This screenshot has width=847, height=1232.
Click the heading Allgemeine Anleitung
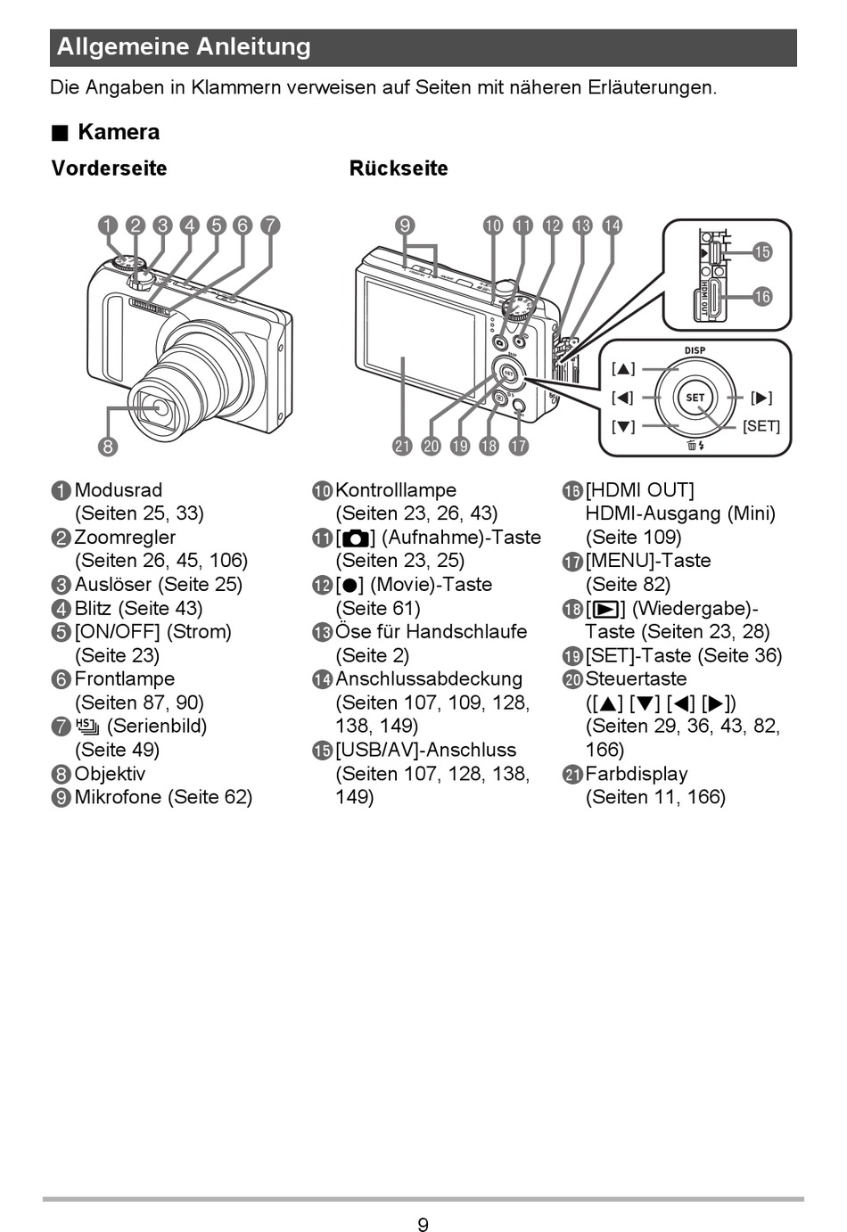pos(184,47)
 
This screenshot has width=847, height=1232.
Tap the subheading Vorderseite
pos(109,168)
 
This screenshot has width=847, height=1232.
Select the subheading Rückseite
pos(399,168)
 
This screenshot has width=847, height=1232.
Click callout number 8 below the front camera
pos(107,446)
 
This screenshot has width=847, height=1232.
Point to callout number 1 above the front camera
pos(108,226)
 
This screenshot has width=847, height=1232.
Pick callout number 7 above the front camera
pos(269,226)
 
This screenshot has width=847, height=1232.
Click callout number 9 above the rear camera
pos(405,226)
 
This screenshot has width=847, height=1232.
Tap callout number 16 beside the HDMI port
pos(762,296)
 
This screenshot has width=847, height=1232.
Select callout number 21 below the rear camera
pos(402,446)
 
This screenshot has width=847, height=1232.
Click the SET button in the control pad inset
pos(695,398)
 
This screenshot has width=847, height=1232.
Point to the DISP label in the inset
pos(695,350)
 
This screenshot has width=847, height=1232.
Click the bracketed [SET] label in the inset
pos(761,426)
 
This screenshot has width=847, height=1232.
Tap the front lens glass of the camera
pos(160,408)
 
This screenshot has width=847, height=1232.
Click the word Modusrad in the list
pos(119,490)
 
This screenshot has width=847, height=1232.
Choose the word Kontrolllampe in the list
pos(396,490)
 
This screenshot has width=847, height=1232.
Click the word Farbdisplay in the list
pos(636,774)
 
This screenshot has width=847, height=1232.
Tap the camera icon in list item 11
pos(355,538)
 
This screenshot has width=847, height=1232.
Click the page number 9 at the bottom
pos(423,1225)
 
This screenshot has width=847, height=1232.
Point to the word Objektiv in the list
pos(110,774)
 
